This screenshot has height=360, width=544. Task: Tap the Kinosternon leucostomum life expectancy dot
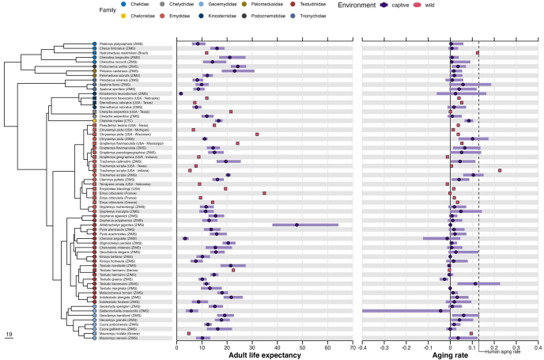coord(181,94)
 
